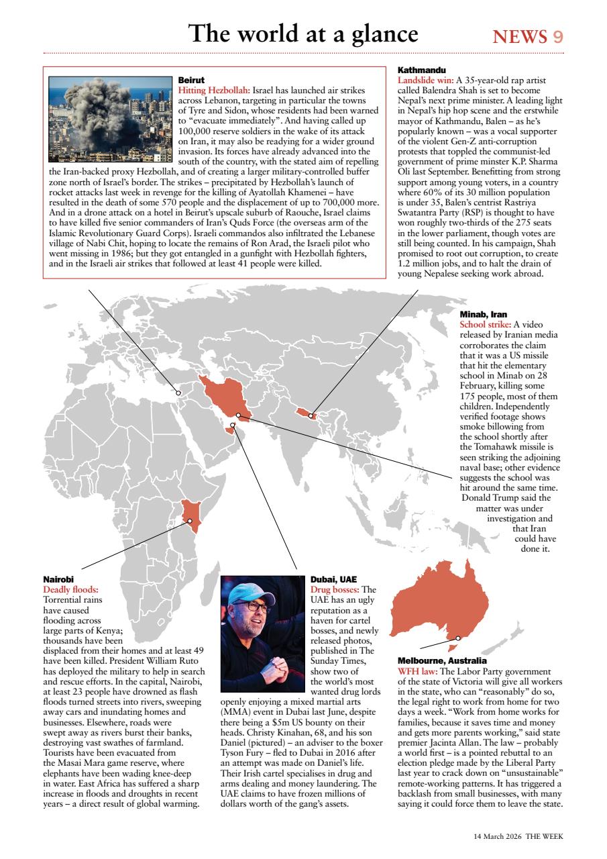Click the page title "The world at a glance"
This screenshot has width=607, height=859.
click(x=302, y=34)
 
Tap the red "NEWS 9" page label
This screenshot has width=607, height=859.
click(x=528, y=36)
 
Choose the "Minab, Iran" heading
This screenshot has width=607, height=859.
click(x=483, y=314)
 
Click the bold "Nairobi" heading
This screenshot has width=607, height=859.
click(x=58, y=578)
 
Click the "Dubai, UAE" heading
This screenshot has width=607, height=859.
click(x=333, y=578)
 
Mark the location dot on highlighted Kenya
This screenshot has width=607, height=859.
click(x=190, y=521)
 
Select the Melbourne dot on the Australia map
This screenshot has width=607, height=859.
click(x=458, y=638)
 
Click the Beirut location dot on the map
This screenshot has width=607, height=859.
click(x=178, y=393)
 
